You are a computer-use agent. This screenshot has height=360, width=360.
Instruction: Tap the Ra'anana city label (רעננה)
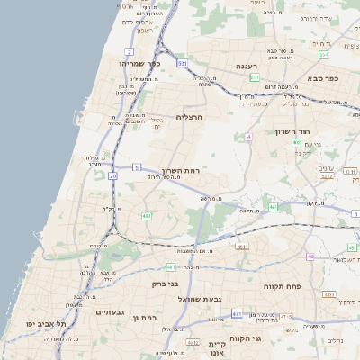[x=248, y=67]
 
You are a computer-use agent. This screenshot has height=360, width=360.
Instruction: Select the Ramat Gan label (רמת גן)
[x=144, y=318]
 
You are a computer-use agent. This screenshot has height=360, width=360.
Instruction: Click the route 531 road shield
[x=183, y=64]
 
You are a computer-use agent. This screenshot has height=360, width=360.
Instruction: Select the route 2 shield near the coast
[x=130, y=30]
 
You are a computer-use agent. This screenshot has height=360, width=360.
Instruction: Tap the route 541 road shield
[x=255, y=78]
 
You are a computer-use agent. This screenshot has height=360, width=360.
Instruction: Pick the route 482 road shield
[x=146, y=216]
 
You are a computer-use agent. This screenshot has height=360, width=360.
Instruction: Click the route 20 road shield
[x=112, y=176]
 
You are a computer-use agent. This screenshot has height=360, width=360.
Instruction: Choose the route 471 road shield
[x=236, y=313]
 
